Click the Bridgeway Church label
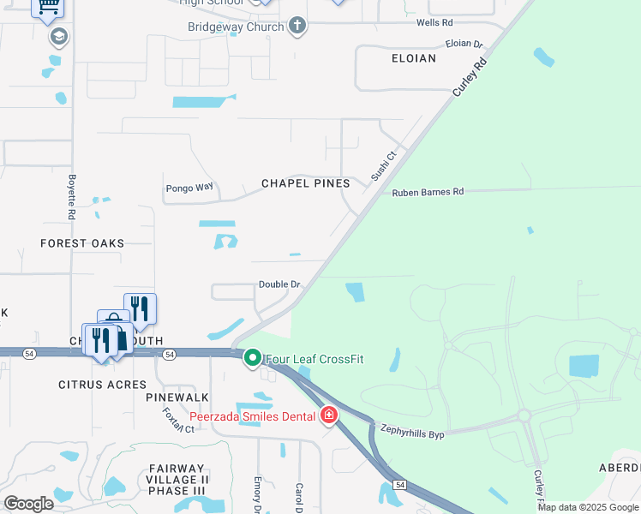pyautogui.click(x=236, y=27)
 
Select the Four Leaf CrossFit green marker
pyautogui.click(x=253, y=357)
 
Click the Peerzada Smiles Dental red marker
pyautogui.click(x=328, y=415)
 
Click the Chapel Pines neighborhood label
pyautogui.click(x=305, y=183)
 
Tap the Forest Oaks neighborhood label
pyautogui.click(x=82, y=243)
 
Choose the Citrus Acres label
pyautogui.click(x=102, y=385)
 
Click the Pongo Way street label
pyautogui.click(x=189, y=187)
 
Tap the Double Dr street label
pyautogui.click(x=279, y=284)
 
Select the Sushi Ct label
pyautogui.click(x=383, y=166)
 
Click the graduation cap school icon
pyautogui.click(x=59, y=37)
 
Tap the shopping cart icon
pyautogui.click(x=48, y=6)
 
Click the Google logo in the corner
pyautogui.click(x=28, y=503)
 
